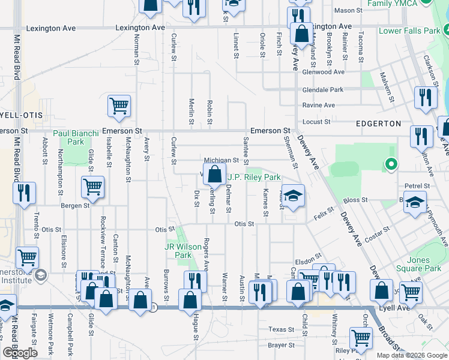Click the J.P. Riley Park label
254,178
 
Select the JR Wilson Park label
178,251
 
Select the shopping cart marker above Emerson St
119,106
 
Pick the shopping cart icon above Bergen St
92,187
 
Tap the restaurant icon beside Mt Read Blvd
25,193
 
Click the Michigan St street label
221,161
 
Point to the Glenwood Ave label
324,72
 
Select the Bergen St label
75,205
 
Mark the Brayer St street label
282,346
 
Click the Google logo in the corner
20,353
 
